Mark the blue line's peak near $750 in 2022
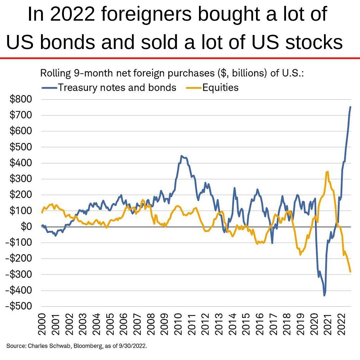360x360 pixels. tap(350, 107)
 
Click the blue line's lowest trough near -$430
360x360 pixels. tap(324, 295)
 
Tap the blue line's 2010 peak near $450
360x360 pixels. tap(181, 156)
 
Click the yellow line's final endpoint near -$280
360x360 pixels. tap(350, 272)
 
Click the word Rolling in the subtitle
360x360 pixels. tap(53, 73)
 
